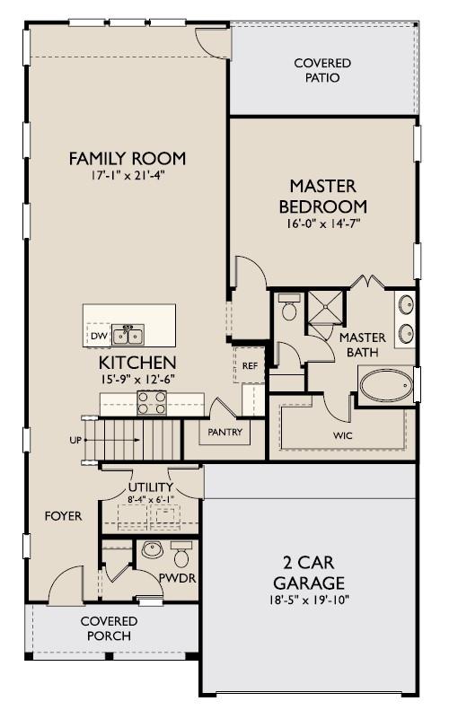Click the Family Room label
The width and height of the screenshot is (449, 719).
click(128, 159)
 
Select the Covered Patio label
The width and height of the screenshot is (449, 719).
click(322, 70)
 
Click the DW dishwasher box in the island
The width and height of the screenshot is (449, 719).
click(98, 337)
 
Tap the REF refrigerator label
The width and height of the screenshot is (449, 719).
click(250, 366)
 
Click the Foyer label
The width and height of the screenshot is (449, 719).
click(63, 517)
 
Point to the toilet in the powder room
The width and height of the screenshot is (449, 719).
click(181, 550)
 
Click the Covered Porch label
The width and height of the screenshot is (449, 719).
click(109, 628)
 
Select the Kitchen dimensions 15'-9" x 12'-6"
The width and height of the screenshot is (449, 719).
click(136, 379)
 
